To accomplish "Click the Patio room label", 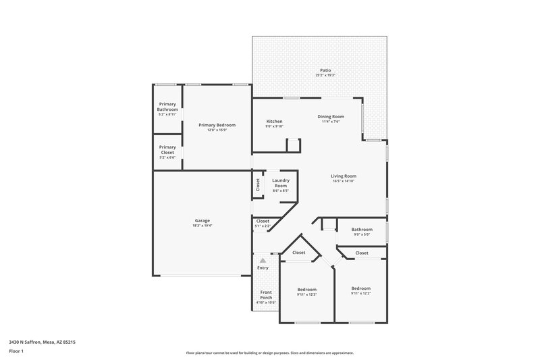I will pos(325,70).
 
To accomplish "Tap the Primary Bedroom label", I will pos(217,125).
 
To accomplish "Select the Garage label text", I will pos(202,220).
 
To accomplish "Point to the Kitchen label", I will pos(274,121).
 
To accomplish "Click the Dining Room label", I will pos(331,117).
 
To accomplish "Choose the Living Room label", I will pos(344,176).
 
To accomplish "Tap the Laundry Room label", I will pos(281,182).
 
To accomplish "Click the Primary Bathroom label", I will pos(167,106).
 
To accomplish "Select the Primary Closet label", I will pos(167,149).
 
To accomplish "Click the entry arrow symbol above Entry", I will pos(263,259).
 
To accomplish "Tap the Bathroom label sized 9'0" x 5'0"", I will pos(362,230).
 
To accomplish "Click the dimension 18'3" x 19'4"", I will pos(202,226).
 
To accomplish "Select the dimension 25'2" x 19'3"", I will pos(325,75).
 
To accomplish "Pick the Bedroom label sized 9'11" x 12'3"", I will pos(306,289).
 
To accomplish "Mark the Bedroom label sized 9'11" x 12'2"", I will pos(361,289).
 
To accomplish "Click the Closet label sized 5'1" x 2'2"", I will pos(263,221).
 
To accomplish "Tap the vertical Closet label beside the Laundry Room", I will pos(258,184).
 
